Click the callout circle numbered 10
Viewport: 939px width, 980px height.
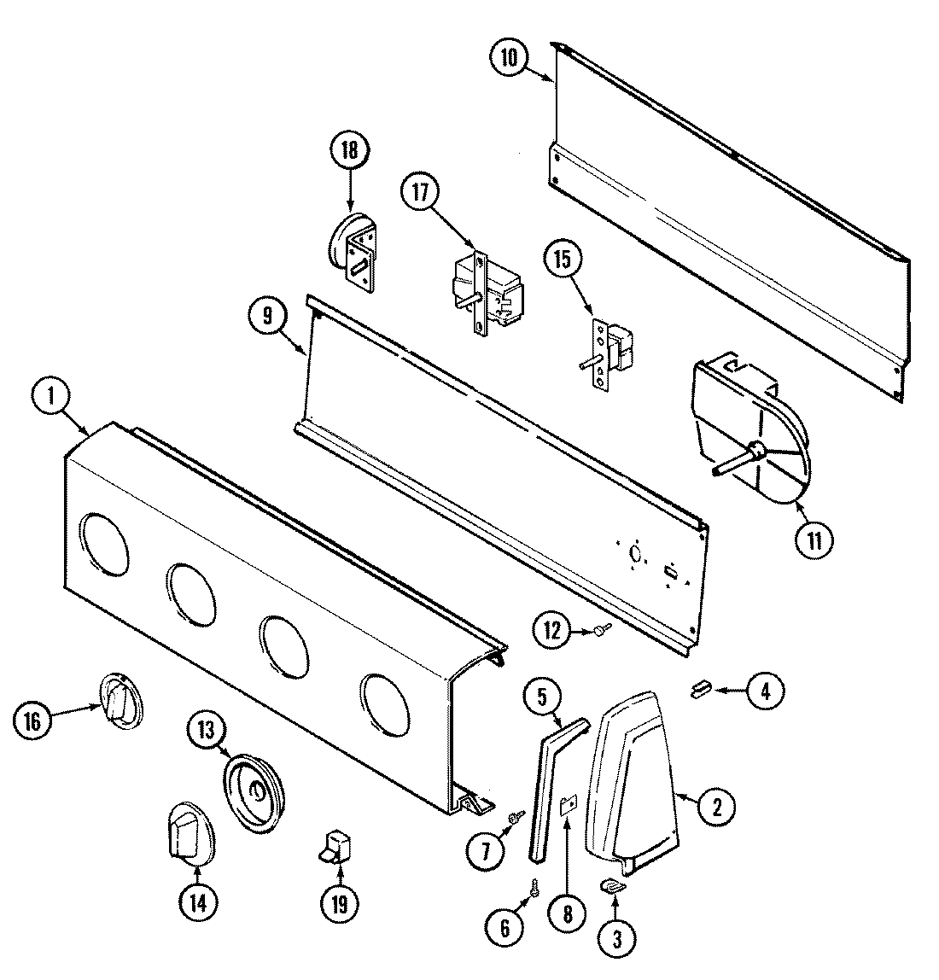(509, 57)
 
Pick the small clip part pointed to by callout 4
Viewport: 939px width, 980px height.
(702, 688)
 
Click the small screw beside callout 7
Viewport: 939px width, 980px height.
(516, 817)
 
